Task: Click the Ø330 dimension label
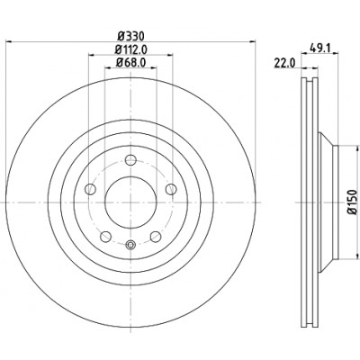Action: tap(130, 36)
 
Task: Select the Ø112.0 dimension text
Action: tap(130, 49)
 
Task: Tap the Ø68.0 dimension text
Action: tap(130, 62)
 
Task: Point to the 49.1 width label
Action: tap(319, 48)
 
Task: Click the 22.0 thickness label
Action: tap(284, 63)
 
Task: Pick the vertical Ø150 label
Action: tap(353, 202)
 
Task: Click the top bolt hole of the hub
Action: tap(130, 160)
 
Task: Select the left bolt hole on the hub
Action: tap(90, 189)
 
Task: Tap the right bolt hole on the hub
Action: tap(171, 189)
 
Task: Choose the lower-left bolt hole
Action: tap(105, 237)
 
